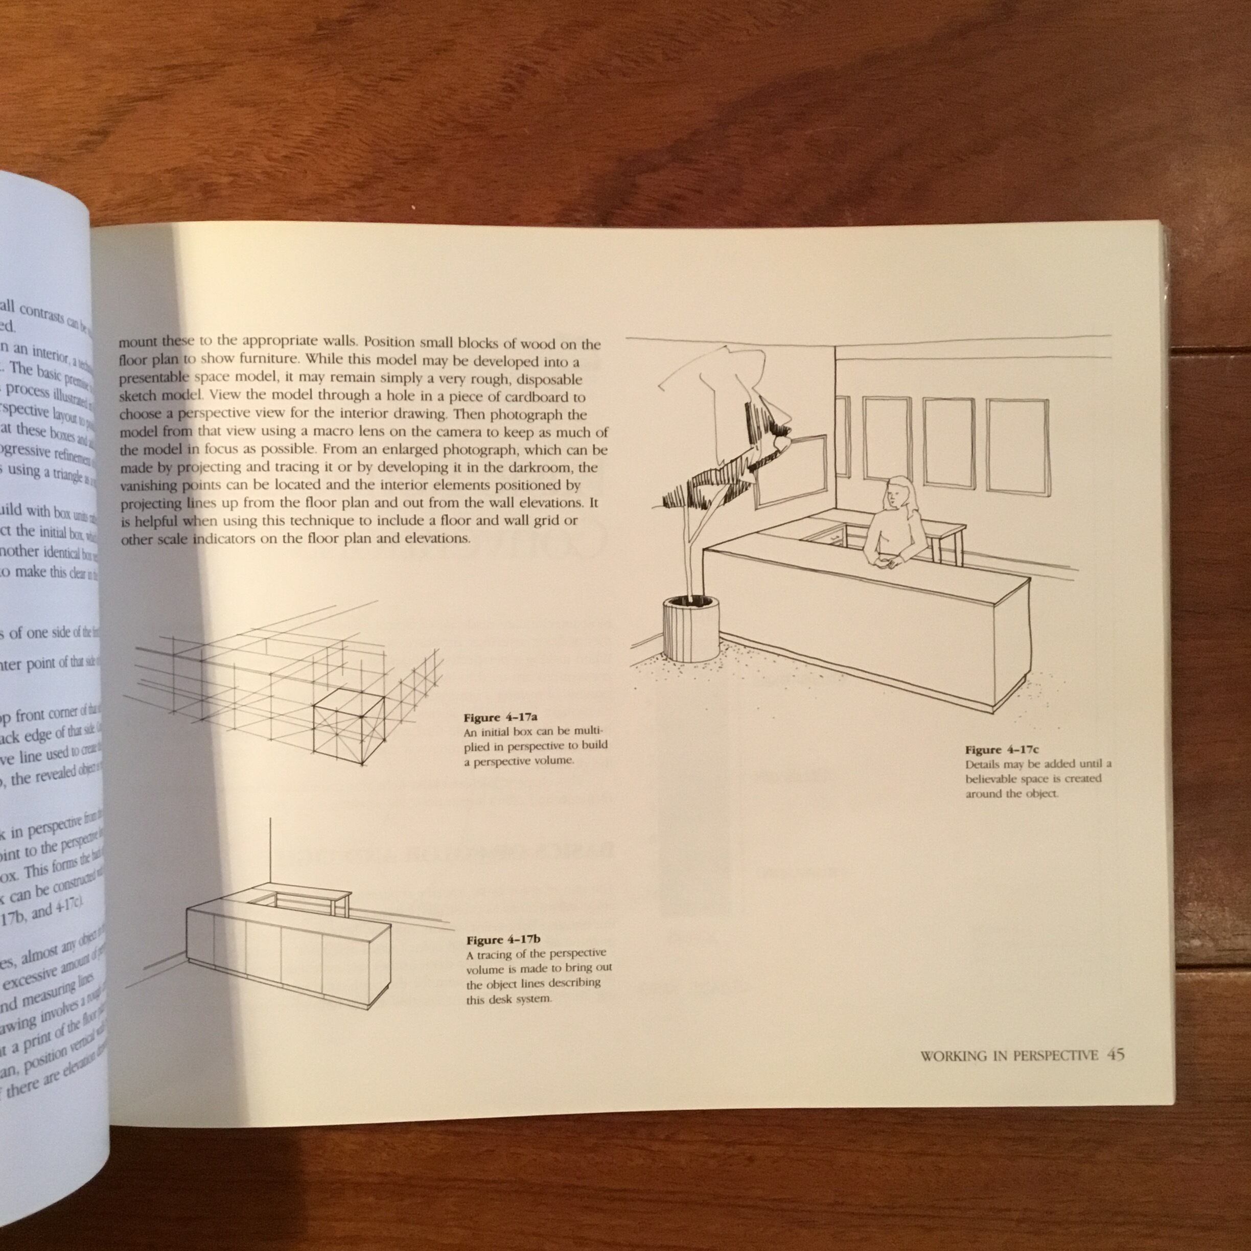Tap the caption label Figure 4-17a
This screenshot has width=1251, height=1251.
500,717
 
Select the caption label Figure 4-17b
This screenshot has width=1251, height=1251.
503,940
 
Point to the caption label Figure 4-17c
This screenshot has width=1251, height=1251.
1002,750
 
